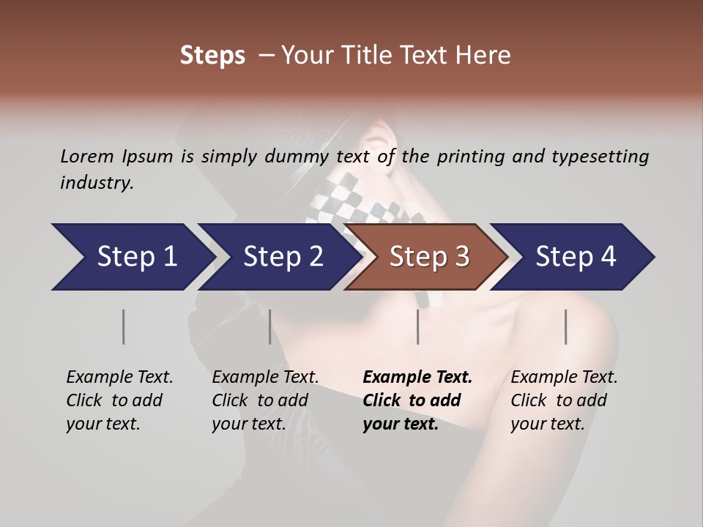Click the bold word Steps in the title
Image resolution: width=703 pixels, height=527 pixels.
coord(212,56)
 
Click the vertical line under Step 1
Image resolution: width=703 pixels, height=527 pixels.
coord(124,326)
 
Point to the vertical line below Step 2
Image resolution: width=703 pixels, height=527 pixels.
coord(270,326)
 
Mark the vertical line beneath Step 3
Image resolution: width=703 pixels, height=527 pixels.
coord(418,326)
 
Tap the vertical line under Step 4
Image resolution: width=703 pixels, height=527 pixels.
coord(565,326)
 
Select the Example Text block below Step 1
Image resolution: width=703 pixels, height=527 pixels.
coord(119,400)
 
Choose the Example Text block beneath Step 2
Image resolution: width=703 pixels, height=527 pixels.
coord(265,400)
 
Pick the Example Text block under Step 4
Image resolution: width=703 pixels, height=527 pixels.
coord(564,400)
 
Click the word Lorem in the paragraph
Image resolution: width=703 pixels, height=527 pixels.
coord(87,156)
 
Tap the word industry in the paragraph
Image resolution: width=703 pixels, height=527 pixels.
coord(97,183)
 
